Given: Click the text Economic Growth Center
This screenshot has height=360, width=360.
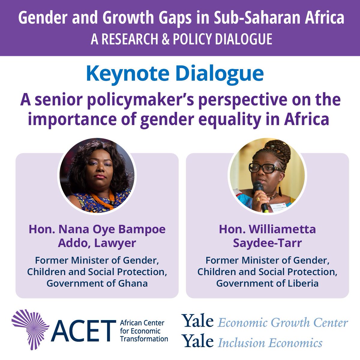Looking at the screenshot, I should click(283, 323).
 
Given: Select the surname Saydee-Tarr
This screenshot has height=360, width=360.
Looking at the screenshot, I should click(267, 243).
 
